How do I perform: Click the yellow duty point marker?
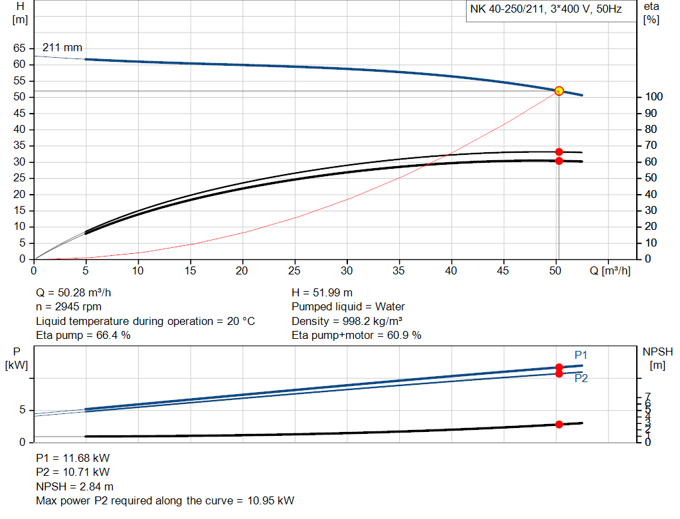pos(558,91)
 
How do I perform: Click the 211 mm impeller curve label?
pos(62,48)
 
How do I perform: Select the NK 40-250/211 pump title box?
pos(546,10)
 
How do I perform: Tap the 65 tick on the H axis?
pos(19,49)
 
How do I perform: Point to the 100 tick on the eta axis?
pos(653,97)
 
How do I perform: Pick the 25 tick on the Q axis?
pos(294,271)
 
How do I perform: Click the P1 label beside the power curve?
pos(581,355)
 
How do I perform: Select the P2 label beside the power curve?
pos(581,379)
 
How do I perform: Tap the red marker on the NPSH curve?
pos(558,425)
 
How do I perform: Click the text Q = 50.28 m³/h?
pos(78,292)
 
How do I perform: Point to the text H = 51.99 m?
pos(322,292)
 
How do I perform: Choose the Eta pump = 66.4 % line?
pos(83,336)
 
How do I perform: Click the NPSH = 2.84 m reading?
pos(74,487)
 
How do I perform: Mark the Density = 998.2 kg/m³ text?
pos(347,321)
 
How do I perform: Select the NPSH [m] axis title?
pos(655,357)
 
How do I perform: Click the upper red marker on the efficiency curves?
pos(558,152)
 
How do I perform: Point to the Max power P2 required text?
pos(165,501)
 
